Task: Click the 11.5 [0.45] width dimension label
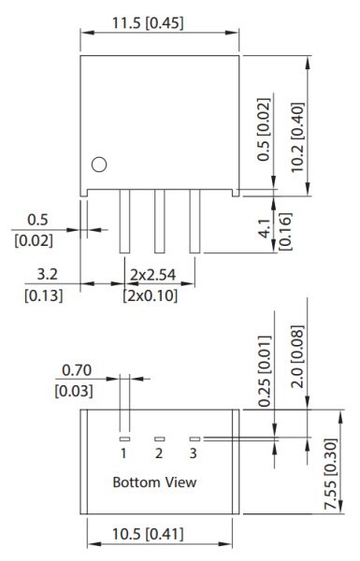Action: pyautogui.click(x=159, y=20)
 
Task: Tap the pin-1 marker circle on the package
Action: pyautogui.click(x=98, y=165)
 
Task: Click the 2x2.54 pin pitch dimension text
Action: pyautogui.click(x=153, y=275)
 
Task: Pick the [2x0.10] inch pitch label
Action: pyautogui.click(x=153, y=295)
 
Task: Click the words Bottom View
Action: pyautogui.click(x=154, y=482)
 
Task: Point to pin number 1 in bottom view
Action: pyautogui.click(x=122, y=453)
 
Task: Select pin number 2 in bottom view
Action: pyautogui.click(x=159, y=453)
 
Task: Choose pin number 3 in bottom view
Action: pyautogui.click(x=194, y=453)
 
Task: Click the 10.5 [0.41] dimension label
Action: pyautogui.click(x=158, y=534)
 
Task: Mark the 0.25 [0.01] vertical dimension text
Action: pyautogui.click(x=269, y=371)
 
